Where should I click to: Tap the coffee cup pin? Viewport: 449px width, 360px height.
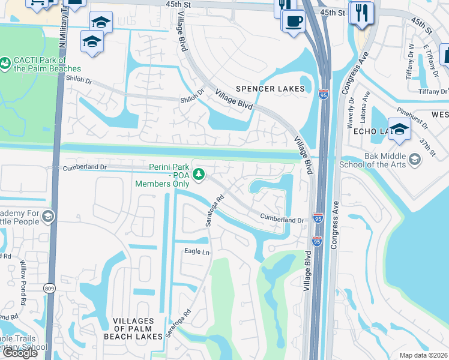[x=294, y=22]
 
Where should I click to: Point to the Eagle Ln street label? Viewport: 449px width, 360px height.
[x=196, y=252]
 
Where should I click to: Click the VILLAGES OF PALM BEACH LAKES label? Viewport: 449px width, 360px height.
[x=139, y=329]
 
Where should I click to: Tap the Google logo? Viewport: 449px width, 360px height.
[x=20, y=353]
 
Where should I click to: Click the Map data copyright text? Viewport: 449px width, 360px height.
[x=423, y=355]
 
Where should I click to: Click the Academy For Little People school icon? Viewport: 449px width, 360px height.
[x=48, y=216]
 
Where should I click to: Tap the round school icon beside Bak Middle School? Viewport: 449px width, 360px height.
[x=415, y=159]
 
